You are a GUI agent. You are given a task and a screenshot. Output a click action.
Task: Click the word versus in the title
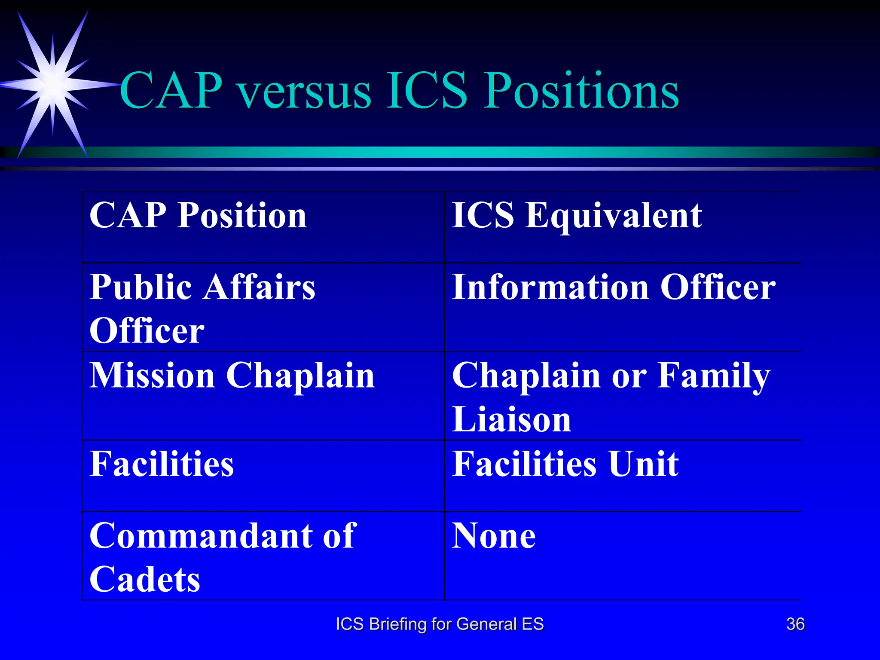coord(305,92)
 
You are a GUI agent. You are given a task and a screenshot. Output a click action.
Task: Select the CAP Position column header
coord(198,215)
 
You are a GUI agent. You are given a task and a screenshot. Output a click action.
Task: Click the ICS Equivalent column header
coord(577,215)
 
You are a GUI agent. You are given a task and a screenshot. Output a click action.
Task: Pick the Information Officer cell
coord(614,287)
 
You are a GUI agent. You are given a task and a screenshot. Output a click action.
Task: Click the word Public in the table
coord(141,287)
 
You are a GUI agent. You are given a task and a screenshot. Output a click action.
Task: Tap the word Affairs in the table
coord(260,287)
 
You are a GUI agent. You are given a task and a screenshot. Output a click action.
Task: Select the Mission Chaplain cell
coord(232,376)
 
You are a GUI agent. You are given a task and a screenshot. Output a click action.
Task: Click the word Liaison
coord(511,419)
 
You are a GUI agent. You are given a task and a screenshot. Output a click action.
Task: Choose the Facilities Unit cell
coord(565,464)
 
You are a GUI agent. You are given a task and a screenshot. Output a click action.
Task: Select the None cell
coord(494,536)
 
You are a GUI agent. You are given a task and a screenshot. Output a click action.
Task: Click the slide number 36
coord(795,624)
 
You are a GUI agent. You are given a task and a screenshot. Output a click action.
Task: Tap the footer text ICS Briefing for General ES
coord(440,624)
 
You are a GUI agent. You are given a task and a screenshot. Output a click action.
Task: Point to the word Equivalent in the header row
coord(614,216)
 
